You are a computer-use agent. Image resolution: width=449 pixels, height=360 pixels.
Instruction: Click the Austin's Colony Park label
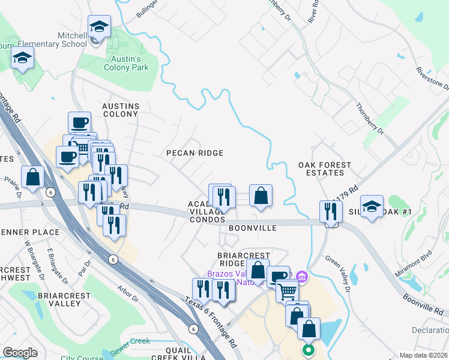pyautogui.click(x=128, y=63)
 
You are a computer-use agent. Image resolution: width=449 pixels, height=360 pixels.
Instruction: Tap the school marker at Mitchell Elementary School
pyautogui.click(x=99, y=28)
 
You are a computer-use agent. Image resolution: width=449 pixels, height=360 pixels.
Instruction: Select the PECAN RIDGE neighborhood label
pyautogui.click(x=194, y=153)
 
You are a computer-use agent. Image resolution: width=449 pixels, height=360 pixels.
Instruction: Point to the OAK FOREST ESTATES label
pyautogui.click(x=325, y=169)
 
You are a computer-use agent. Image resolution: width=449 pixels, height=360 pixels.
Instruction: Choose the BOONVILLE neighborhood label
pyautogui.click(x=252, y=228)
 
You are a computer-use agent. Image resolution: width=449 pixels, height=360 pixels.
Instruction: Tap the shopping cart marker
pyautogui.click(x=288, y=292)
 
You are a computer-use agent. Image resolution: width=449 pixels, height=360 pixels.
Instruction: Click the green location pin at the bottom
pyautogui.click(x=309, y=349)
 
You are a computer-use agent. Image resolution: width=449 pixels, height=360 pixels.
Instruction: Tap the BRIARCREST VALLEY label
pyautogui.click(x=59, y=299)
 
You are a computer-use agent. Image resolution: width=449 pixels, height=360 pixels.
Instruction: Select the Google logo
pyautogui.click(x=20, y=352)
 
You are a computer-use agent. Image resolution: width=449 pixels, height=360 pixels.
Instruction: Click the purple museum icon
pyautogui.click(x=302, y=277)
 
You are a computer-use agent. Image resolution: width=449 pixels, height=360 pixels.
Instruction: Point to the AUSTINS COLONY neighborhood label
pyautogui.click(x=121, y=110)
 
